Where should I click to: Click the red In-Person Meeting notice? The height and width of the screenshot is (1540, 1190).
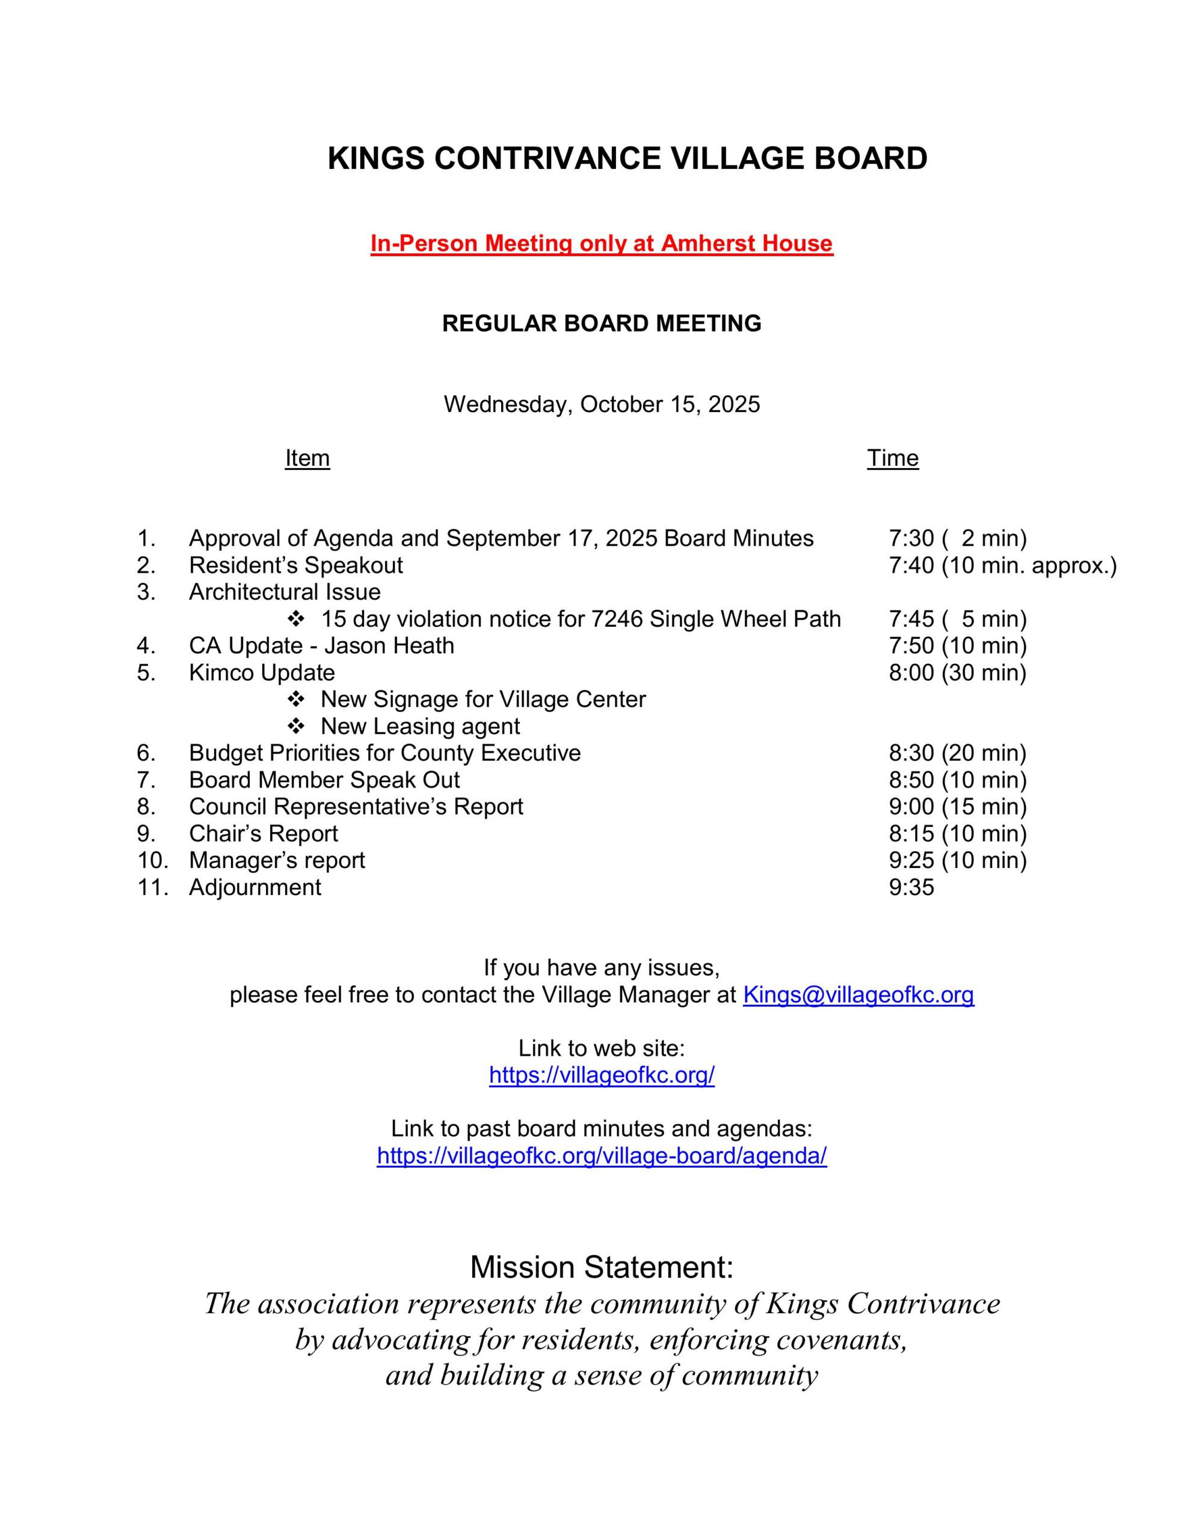(601, 243)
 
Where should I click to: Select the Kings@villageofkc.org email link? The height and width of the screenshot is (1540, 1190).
(858, 994)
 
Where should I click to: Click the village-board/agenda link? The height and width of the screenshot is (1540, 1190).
(601, 1155)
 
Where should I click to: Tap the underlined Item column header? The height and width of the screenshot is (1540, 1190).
(307, 458)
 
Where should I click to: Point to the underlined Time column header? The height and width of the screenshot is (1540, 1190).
(892, 458)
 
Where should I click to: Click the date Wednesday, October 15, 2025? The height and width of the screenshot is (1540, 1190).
(601, 404)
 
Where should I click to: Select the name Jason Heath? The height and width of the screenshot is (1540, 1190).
(389, 645)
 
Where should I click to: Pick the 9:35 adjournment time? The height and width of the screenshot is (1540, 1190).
(911, 887)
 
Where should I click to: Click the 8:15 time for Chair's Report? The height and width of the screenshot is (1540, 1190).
(911, 833)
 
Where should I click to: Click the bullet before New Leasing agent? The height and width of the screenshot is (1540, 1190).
(295, 725)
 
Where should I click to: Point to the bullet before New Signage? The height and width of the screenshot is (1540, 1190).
(295, 699)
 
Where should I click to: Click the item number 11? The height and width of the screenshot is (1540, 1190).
(152, 887)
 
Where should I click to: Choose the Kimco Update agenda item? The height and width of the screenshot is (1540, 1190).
(262, 672)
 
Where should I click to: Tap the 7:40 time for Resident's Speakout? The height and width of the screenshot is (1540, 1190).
(911, 565)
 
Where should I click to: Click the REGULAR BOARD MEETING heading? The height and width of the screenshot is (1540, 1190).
(601, 324)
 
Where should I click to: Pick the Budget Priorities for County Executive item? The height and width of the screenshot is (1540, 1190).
(384, 753)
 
